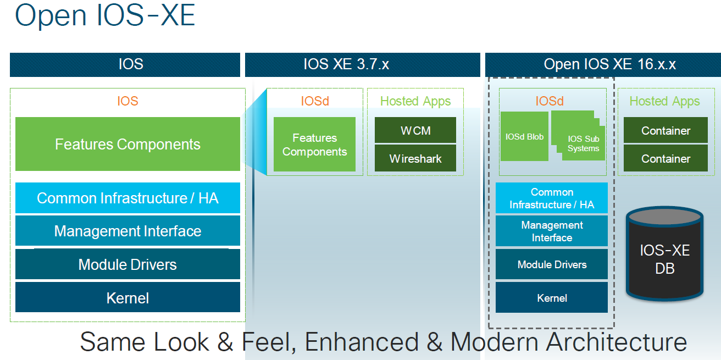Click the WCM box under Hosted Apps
pyautogui.click(x=415, y=131)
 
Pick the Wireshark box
pyautogui.click(x=415, y=159)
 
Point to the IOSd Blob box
pyautogui.click(x=524, y=136)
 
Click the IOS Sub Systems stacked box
pyautogui.click(x=583, y=143)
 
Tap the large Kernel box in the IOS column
pyautogui.click(x=127, y=298)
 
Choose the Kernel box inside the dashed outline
pyautogui.click(x=552, y=298)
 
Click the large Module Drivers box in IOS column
pyautogui.click(x=127, y=264)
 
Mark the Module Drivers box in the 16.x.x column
pyautogui.click(x=552, y=264)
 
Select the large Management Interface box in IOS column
pyautogui.click(x=127, y=231)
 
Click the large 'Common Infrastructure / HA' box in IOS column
pyautogui.click(x=127, y=198)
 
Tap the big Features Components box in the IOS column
pyautogui.click(x=127, y=144)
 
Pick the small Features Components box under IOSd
pyautogui.click(x=314, y=145)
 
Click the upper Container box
pyautogui.click(x=665, y=131)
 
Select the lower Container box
pyautogui.click(x=665, y=159)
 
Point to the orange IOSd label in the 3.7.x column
pyautogui.click(x=314, y=101)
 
